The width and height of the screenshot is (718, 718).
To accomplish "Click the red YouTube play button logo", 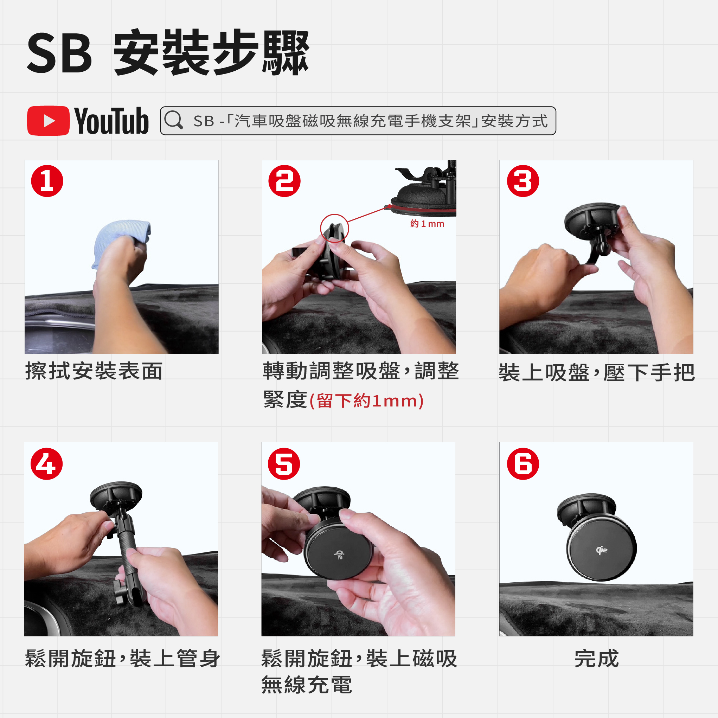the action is click(x=48, y=121).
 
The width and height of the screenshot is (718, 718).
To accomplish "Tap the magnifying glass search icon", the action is click(x=174, y=120).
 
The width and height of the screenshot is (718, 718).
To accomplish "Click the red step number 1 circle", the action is click(x=47, y=181).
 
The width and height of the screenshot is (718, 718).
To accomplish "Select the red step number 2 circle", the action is click(x=285, y=181).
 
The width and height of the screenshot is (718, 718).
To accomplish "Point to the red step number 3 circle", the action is click(x=523, y=181).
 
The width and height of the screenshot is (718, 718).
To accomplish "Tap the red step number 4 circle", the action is click(x=47, y=464).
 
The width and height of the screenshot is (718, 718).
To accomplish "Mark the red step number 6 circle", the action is click(x=523, y=464).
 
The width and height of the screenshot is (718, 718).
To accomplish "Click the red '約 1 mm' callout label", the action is click(x=427, y=224).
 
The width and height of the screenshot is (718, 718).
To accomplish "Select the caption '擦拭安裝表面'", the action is click(x=94, y=371).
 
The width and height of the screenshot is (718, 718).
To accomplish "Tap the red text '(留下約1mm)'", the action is click(x=366, y=401).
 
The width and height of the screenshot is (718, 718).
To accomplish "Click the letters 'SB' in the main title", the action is click(x=59, y=53).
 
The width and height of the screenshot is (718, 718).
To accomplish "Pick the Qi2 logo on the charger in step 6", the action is click(x=602, y=550).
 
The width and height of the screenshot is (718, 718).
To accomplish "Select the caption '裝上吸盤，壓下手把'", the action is click(x=597, y=372).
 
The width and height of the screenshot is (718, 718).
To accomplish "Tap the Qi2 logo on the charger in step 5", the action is click(x=339, y=555).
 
